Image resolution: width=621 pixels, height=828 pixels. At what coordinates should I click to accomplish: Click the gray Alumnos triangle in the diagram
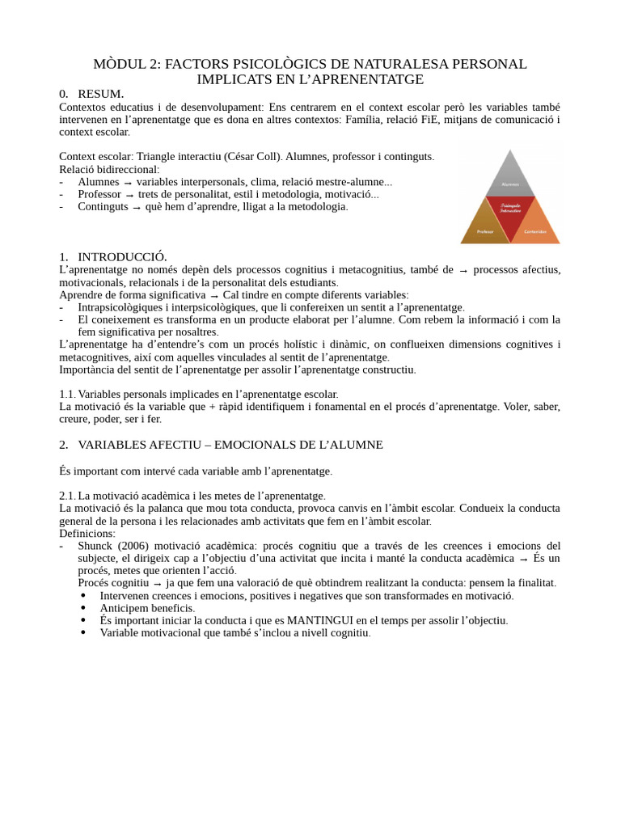click(x=510, y=180)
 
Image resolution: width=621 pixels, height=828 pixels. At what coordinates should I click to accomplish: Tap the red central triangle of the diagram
click(x=510, y=211)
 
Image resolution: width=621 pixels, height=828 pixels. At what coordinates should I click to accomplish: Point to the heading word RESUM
click(x=100, y=95)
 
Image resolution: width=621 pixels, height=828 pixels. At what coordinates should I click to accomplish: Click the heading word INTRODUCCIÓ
click(x=122, y=257)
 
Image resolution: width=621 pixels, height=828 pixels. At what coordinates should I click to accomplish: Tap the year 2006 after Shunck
click(x=134, y=546)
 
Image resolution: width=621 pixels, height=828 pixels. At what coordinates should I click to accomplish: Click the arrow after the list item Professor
click(x=129, y=195)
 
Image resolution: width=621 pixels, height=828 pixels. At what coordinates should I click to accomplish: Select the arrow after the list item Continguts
click(x=137, y=207)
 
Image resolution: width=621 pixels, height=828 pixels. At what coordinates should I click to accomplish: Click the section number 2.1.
click(x=67, y=496)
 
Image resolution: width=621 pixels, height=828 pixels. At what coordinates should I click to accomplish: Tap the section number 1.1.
click(x=67, y=394)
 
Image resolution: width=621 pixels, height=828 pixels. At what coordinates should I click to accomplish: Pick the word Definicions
click(x=87, y=534)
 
